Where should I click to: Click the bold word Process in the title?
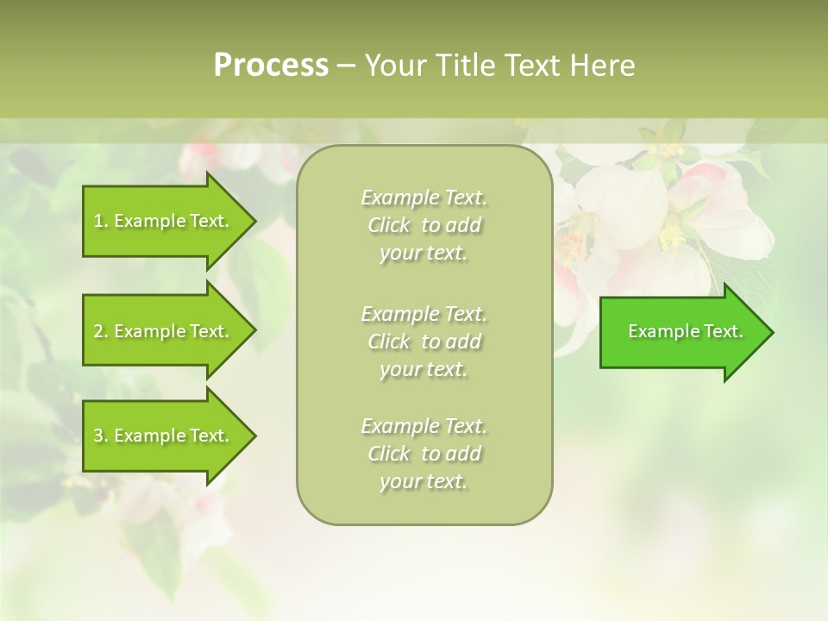point(271,66)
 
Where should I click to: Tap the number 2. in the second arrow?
point(101,331)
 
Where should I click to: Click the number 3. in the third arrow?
point(101,436)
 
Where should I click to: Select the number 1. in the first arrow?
point(101,221)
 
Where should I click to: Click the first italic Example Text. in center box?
point(423,198)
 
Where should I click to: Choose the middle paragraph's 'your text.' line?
point(423,369)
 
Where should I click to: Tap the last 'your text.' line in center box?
point(423,481)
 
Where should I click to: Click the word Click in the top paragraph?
point(389,225)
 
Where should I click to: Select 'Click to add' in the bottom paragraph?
point(423,454)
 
